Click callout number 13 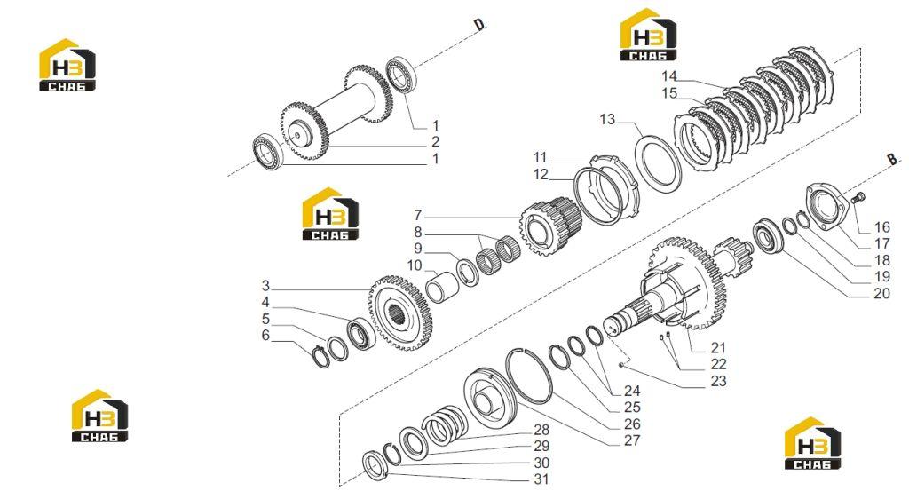[x=607, y=119]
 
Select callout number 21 [x=718, y=348]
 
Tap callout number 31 [x=541, y=479]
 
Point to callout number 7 [x=417, y=216]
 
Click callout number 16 [x=881, y=227]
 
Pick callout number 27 [x=632, y=440]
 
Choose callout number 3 [x=265, y=286]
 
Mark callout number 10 [x=415, y=266]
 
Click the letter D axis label [x=479, y=24]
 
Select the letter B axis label [x=892, y=158]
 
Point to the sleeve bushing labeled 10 [x=443, y=284]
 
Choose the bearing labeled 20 [x=768, y=235]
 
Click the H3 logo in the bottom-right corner [x=812, y=443]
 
